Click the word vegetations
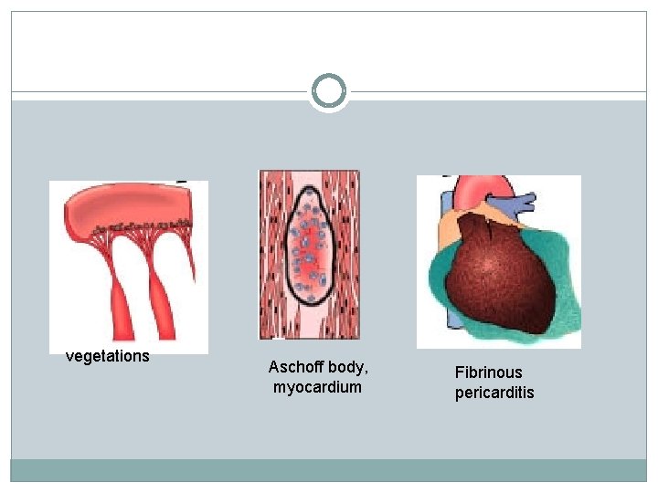107,356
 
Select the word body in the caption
353,367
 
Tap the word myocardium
317,387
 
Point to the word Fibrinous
489,372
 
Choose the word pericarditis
494,393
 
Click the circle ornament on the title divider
329,91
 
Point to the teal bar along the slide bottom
329,469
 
